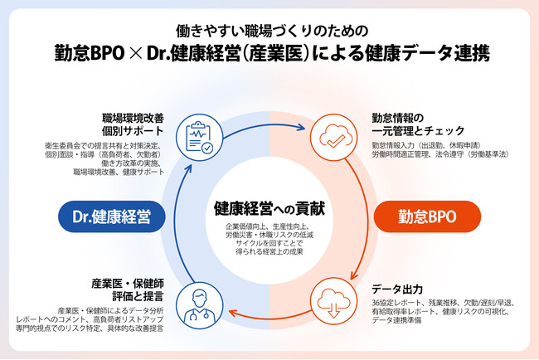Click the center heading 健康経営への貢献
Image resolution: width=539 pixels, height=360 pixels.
(269, 206)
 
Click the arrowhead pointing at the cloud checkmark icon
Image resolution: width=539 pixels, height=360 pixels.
(302, 128)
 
